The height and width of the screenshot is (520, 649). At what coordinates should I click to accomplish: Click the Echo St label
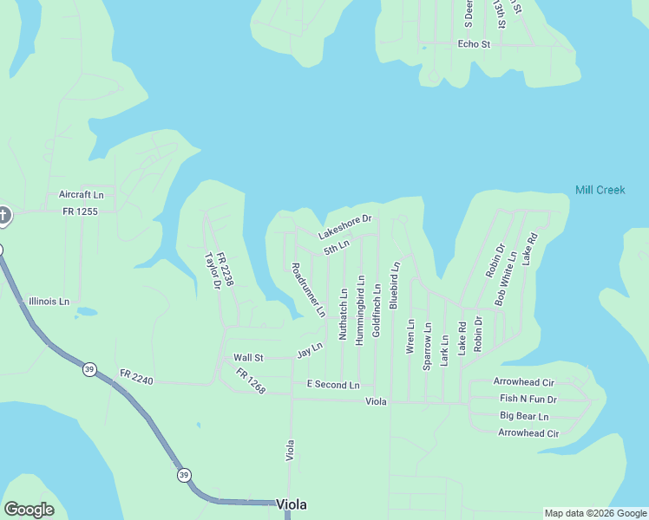474,44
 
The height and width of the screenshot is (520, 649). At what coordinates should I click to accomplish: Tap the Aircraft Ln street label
81,195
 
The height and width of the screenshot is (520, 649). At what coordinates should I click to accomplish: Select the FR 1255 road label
80,211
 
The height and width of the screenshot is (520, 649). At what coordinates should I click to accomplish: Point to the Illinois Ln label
49,302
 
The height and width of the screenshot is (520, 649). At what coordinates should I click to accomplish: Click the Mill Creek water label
600,190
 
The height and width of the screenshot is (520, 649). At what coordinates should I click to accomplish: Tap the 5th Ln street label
337,248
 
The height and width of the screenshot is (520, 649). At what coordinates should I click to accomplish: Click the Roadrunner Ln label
308,289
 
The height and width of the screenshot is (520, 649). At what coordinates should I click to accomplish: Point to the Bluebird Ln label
394,284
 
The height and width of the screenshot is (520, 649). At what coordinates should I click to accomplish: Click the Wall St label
248,357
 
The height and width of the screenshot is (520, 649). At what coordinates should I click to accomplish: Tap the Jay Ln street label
310,350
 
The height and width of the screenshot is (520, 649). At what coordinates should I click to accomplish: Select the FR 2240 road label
137,376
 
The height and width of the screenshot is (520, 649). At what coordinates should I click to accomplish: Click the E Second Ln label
333,384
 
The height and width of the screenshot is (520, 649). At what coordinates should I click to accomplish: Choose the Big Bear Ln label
523,416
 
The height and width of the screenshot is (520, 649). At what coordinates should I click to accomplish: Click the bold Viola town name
292,504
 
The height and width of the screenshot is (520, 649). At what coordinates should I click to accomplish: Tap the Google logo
29,509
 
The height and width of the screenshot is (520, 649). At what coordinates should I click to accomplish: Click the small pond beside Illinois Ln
86,311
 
